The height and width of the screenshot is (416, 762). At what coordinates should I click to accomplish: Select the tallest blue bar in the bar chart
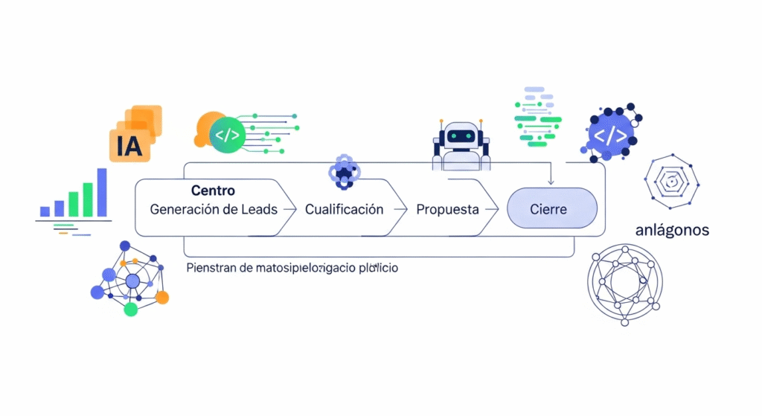pos(102,192)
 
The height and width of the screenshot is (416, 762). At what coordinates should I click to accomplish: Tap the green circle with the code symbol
pos(227,135)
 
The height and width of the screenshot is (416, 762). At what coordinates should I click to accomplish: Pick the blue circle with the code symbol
pos(610,135)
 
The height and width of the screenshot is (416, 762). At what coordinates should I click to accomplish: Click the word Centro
pos(213,191)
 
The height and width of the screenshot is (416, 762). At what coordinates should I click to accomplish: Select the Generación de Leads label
pos(214,209)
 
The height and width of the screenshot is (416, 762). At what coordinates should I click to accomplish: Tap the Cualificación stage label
pos(344,209)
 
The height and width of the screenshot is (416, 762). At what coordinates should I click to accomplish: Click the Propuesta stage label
pos(447,209)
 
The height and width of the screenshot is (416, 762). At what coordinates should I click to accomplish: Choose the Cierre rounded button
pos(551,209)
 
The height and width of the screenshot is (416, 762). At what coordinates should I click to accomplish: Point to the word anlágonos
pos(672,230)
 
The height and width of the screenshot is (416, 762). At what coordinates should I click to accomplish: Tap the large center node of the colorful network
pos(132,281)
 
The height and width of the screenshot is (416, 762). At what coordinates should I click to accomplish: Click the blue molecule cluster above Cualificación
pos(344,172)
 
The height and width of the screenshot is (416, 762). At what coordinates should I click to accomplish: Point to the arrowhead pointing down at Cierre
pos(550,182)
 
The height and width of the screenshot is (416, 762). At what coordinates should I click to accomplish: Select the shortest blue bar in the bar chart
pos(45,211)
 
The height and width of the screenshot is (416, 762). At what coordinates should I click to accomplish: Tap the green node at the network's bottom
pos(131,309)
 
